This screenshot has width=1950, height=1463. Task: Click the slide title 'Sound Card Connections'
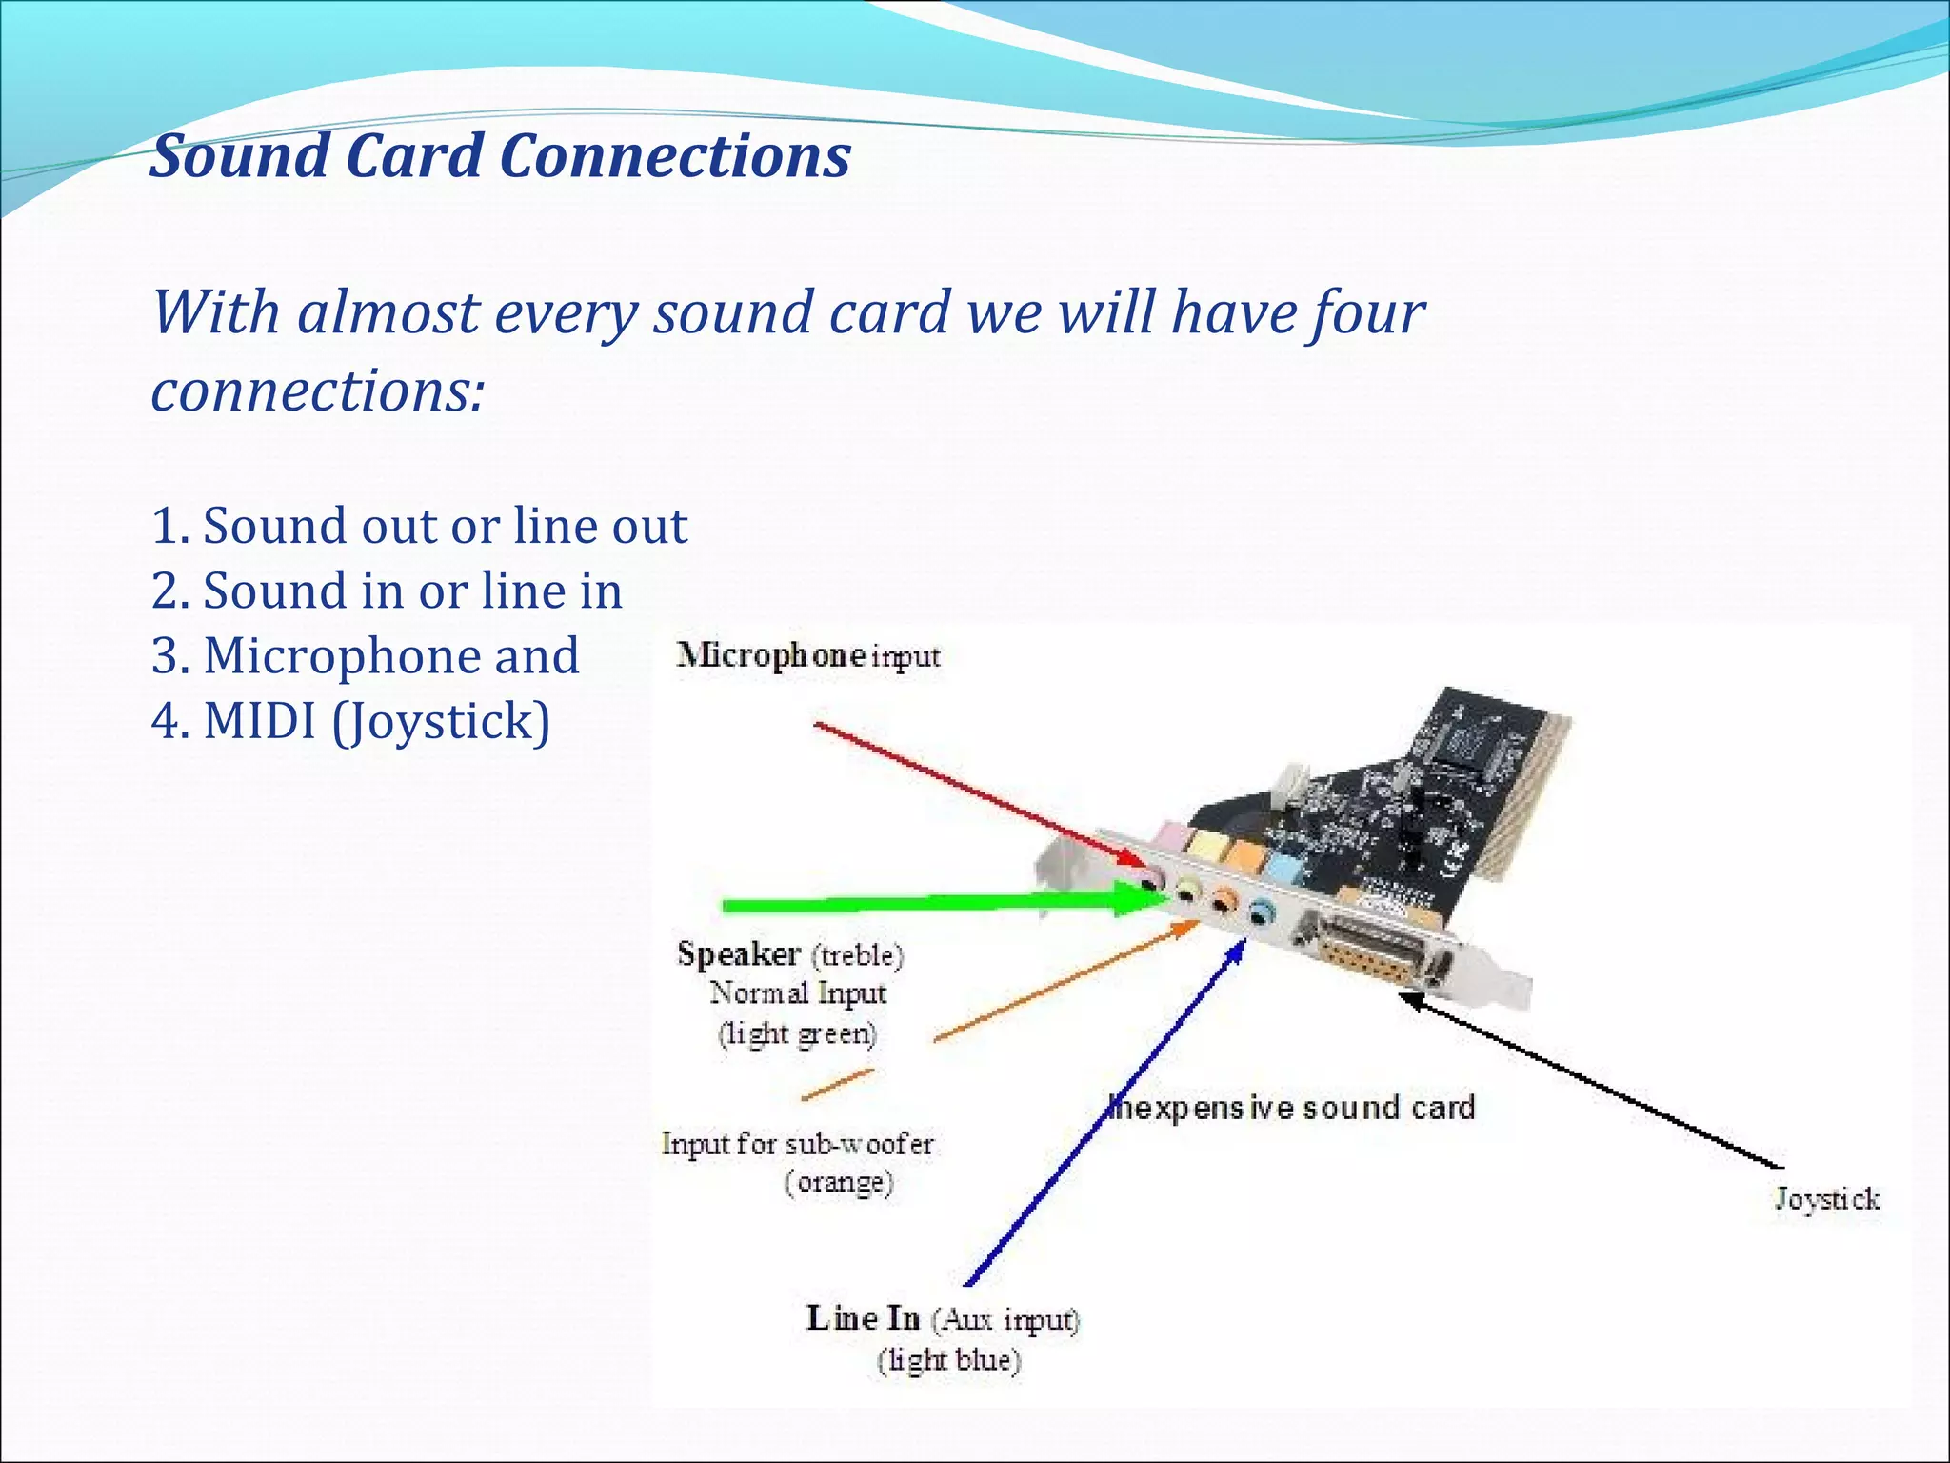point(500,155)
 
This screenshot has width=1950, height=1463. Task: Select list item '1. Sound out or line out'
point(419,526)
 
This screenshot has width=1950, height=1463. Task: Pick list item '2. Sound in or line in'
point(387,591)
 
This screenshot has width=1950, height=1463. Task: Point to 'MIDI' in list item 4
point(259,720)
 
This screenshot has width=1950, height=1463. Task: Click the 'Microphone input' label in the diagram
point(807,655)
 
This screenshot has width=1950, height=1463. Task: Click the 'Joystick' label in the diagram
point(1826,1198)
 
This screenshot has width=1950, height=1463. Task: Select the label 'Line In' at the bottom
point(863,1318)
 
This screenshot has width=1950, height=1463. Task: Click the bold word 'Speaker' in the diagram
point(738,953)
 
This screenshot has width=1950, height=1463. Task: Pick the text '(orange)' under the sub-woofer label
point(839,1182)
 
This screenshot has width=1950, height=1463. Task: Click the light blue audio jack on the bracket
point(1262,914)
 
